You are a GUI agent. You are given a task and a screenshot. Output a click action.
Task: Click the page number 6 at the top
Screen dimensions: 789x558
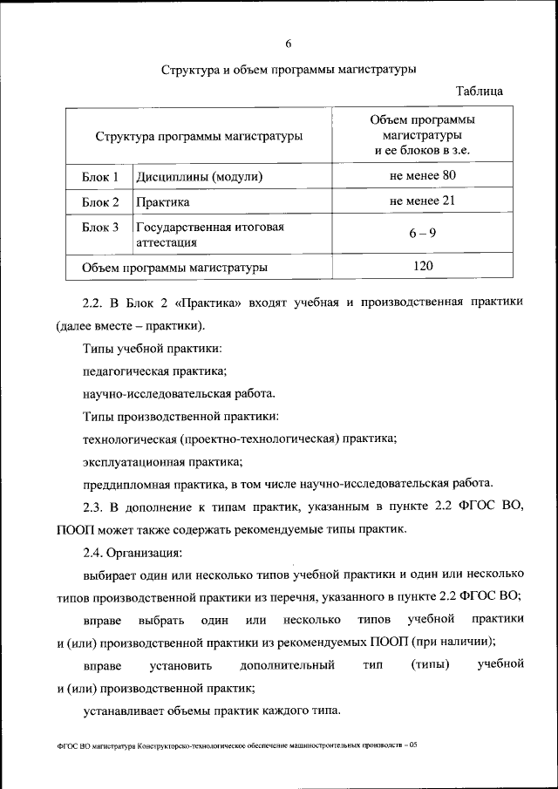coord(288,44)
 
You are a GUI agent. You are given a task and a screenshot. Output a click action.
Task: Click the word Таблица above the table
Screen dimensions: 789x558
coord(480,91)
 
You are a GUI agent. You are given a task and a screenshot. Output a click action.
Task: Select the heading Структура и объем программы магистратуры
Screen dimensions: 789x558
coord(289,68)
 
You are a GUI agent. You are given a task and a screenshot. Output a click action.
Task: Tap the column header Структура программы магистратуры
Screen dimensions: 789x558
coord(200,136)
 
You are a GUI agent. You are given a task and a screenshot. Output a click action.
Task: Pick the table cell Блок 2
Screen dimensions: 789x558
coord(100,202)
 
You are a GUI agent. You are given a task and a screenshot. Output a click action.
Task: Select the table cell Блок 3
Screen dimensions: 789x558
coord(100,228)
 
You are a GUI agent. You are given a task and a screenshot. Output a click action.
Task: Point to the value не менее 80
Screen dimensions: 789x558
coord(423,176)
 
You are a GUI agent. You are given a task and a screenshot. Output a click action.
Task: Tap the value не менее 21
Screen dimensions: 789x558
coord(423,201)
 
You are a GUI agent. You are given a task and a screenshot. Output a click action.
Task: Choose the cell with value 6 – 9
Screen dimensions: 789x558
coord(423,234)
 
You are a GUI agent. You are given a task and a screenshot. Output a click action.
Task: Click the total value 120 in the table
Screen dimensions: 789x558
coord(423,266)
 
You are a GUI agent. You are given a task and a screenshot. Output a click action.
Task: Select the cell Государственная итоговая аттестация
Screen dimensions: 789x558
coord(210,235)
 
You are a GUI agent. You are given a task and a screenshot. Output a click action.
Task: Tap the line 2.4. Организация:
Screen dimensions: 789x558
coord(133,552)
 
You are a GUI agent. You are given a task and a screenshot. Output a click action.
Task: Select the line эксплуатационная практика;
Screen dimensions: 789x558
coord(162,461)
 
